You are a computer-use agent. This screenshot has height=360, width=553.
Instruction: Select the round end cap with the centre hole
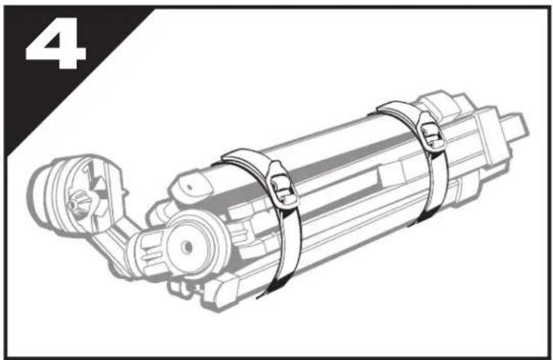pos(190,246)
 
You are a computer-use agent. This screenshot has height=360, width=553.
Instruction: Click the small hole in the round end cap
pos(187,246)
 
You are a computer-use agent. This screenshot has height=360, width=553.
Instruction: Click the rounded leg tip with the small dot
pos(192,185)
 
